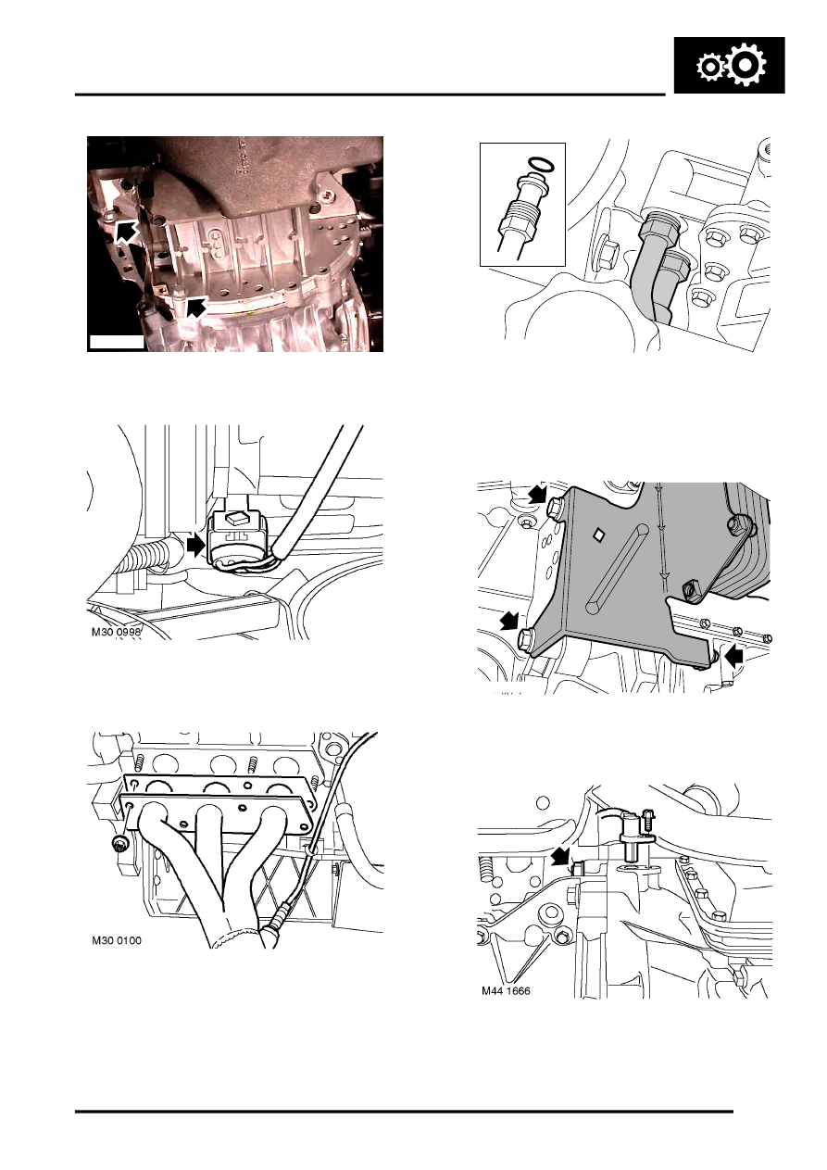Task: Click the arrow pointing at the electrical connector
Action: click(195, 546)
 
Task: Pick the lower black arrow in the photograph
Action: click(195, 307)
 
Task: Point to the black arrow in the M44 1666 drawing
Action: click(558, 859)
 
